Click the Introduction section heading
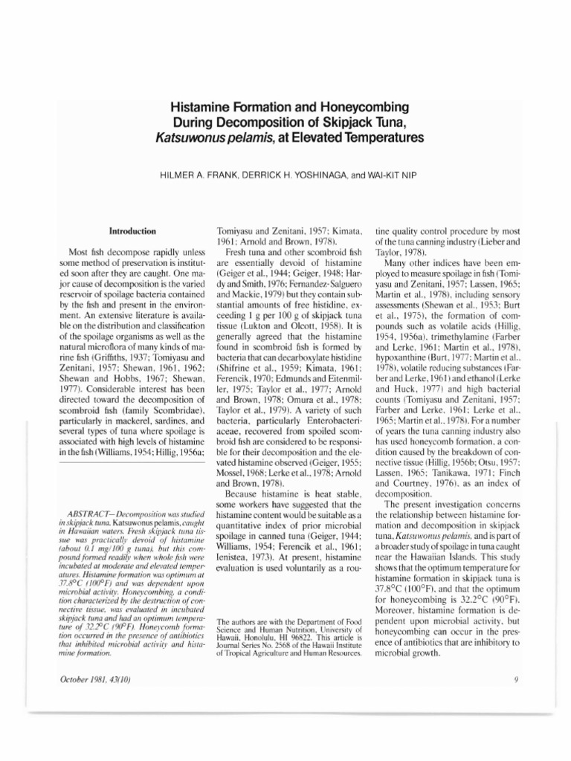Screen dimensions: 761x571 [132, 231]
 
